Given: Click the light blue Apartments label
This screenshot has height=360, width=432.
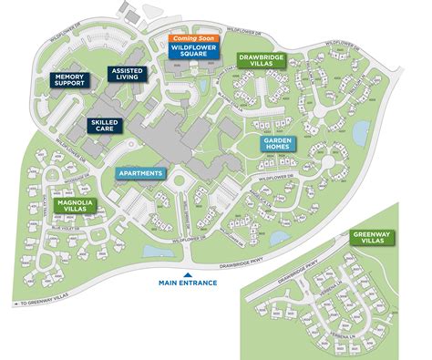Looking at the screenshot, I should pyautogui.click(x=140, y=173).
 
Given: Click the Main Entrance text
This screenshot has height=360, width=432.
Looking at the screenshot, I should pyautogui.click(x=188, y=283).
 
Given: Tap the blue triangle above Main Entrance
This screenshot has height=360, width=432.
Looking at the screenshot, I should pyautogui.click(x=188, y=273).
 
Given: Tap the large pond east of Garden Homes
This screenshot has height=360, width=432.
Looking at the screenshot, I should pyautogui.click(x=360, y=134).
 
